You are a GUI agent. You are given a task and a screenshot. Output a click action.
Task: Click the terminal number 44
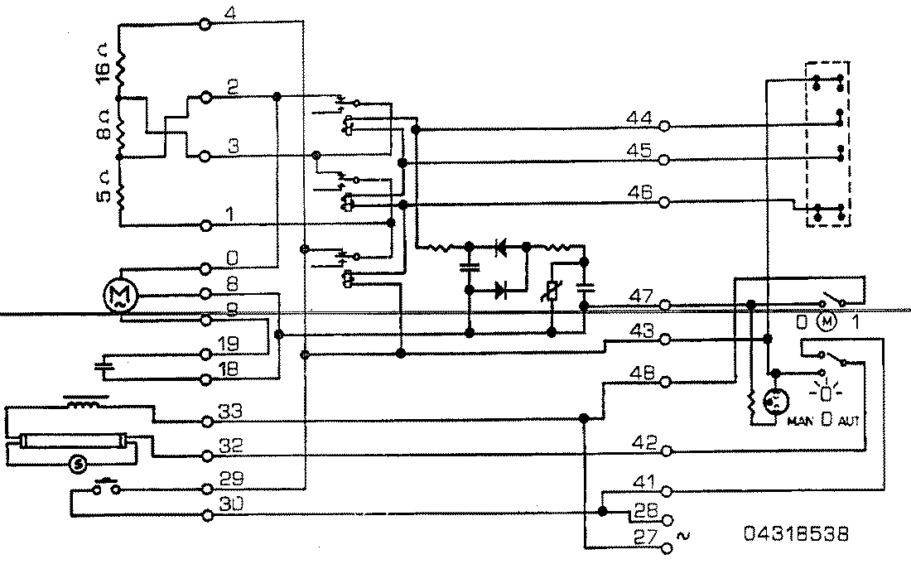point(639,118)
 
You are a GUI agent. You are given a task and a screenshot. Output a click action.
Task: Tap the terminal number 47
point(639,296)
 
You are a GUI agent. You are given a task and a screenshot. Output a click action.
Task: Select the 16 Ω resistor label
point(100,74)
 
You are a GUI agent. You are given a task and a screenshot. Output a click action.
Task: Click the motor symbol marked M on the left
point(118,295)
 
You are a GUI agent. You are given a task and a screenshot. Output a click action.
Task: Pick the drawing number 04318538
point(797,533)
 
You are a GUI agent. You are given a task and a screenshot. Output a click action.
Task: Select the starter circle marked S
point(80,464)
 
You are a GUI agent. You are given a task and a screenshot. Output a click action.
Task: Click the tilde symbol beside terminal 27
point(684,536)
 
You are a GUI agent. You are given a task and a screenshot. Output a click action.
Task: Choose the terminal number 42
point(645,441)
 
